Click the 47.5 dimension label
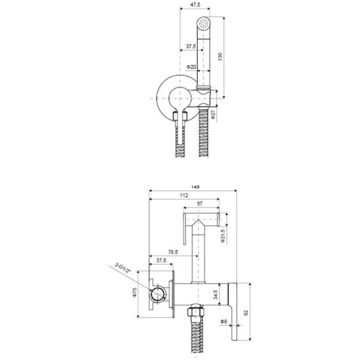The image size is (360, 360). [194, 4]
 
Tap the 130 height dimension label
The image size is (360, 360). [220, 56]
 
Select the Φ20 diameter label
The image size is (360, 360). [191, 67]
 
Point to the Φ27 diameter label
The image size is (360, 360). [214, 114]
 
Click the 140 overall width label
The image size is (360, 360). [195, 187]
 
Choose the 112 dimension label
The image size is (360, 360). [184, 195]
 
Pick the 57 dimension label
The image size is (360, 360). [200, 204]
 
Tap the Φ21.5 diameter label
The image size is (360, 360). [223, 236]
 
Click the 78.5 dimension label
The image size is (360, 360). [173, 252]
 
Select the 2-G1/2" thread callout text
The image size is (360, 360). [123, 268]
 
